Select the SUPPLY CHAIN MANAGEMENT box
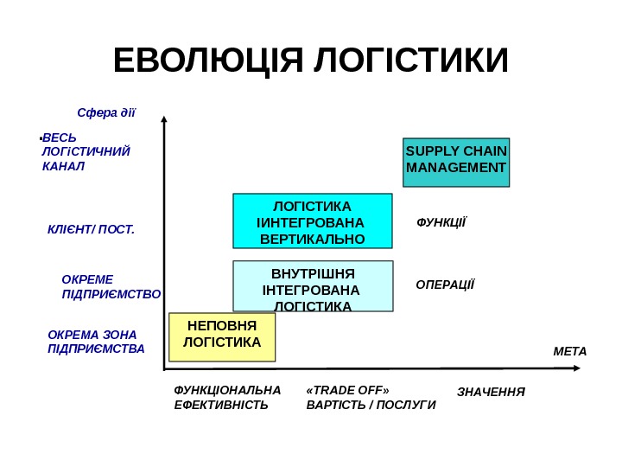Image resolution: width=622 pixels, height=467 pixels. (x=456, y=162)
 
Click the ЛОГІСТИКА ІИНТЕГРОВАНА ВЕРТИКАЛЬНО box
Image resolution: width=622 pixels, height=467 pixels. (x=313, y=221)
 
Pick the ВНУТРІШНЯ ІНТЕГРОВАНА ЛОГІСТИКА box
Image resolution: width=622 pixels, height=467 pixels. (x=313, y=286)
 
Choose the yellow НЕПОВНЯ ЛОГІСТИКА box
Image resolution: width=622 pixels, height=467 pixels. (x=222, y=336)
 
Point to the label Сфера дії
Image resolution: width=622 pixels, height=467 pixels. (x=106, y=112)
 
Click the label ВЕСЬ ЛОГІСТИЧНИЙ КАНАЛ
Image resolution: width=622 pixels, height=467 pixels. (x=85, y=152)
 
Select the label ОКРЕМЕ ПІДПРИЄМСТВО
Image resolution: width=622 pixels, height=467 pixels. (x=111, y=287)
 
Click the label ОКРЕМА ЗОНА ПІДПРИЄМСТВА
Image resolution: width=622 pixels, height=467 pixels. (x=96, y=342)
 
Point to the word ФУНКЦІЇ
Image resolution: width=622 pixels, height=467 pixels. (x=441, y=222)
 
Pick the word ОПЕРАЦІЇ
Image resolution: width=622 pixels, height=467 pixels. (x=445, y=285)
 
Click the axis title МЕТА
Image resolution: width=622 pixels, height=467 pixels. (x=569, y=351)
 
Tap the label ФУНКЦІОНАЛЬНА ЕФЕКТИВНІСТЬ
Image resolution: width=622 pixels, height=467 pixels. (x=227, y=397)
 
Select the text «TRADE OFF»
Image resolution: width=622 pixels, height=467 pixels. (x=347, y=389)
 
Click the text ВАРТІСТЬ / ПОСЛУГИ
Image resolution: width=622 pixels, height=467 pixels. (x=371, y=405)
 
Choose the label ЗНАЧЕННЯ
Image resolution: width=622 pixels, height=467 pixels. (x=491, y=393)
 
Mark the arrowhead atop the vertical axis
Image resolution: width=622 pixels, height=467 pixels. (x=163, y=120)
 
